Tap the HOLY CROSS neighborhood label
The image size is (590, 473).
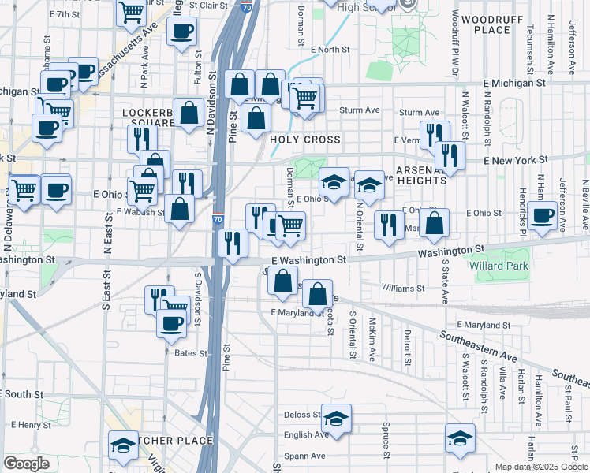tap(305, 140)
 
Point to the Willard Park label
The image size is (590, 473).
tap(520, 266)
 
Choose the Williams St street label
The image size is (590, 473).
tap(403, 289)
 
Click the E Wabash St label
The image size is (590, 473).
tap(139, 211)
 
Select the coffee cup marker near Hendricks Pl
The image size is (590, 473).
tap(542, 215)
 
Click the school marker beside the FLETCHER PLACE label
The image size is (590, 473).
tap(123, 447)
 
